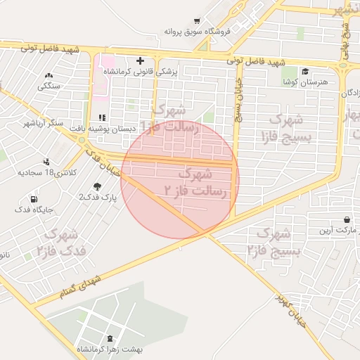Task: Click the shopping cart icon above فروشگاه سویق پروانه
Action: pyautogui.click(x=196, y=21)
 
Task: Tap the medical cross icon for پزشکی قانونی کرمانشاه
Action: pyautogui.click(x=141, y=60)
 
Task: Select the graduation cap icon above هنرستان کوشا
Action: pyautogui.click(x=304, y=71)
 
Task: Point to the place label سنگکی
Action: pyautogui.click(x=49, y=86)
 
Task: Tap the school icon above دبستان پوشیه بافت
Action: pyautogui.click(x=102, y=117)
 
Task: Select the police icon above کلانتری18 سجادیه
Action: pyautogui.click(x=46, y=162)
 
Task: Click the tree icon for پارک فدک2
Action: pyautogui.click(x=96, y=186)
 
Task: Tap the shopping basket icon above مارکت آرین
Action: pyautogui.click(x=347, y=219)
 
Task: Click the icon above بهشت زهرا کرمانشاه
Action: pyautogui.click(x=112, y=340)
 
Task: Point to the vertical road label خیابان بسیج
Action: pyautogui.click(x=238, y=99)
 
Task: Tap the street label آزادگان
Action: pyautogui.click(x=349, y=92)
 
